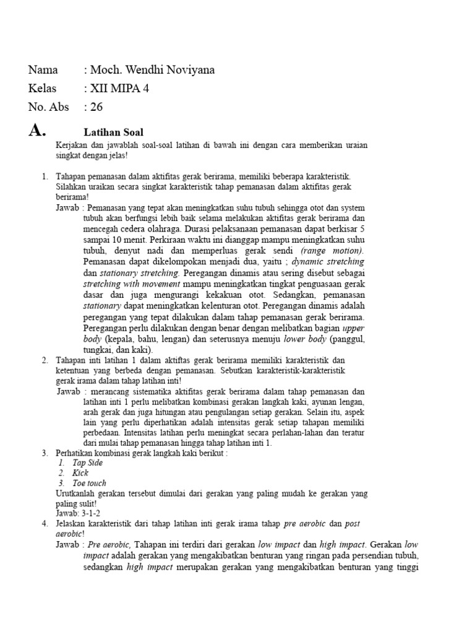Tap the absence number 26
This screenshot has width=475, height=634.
96,107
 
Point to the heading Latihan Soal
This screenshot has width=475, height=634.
113,132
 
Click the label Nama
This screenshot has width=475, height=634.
44,70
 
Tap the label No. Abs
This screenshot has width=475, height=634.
49,107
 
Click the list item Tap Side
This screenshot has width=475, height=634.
87,462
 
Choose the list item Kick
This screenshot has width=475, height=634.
80,473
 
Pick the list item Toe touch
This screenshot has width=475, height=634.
89,483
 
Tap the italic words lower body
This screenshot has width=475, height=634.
305,340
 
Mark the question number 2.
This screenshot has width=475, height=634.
45,360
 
